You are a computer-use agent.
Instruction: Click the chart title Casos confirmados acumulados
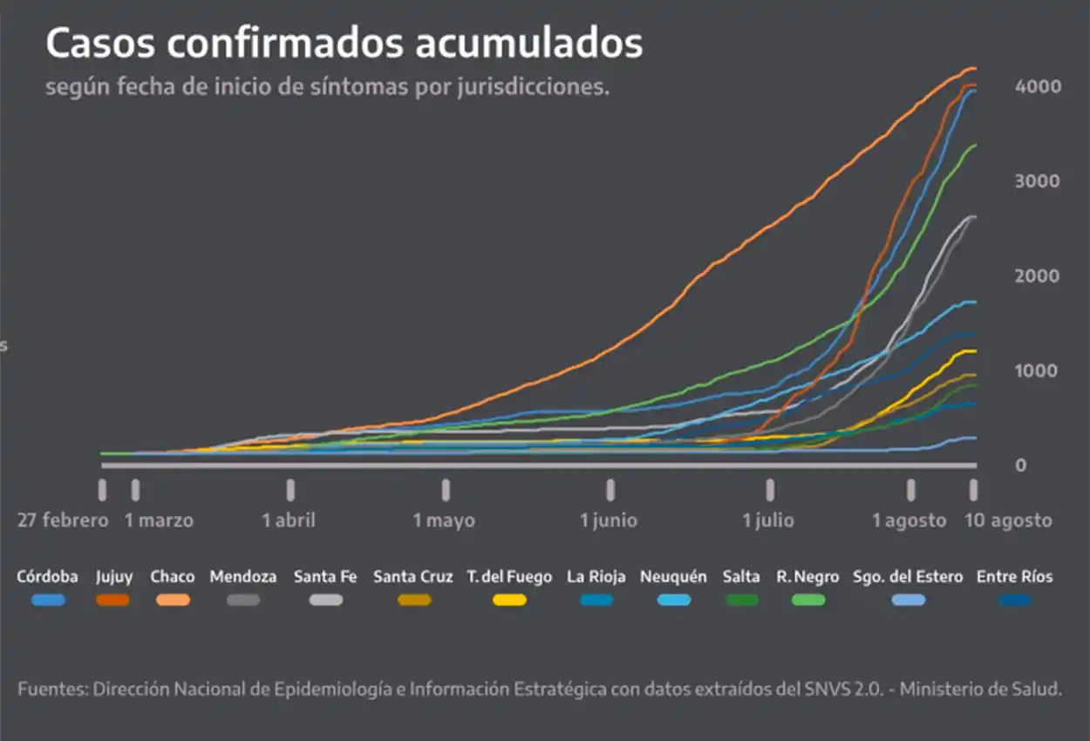click(344, 44)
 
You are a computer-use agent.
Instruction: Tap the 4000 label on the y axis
click(1037, 86)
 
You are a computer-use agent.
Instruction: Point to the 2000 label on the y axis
click(1037, 275)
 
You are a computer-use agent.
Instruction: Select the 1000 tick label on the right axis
click(1037, 370)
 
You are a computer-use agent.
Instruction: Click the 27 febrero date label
click(63, 520)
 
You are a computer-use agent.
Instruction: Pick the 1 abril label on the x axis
click(289, 520)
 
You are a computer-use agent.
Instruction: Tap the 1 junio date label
click(609, 520)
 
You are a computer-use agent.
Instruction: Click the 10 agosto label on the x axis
click(1007, 520)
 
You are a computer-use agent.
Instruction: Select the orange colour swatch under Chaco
click(173, 600)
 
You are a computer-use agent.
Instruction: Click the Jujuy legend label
click(113, 576)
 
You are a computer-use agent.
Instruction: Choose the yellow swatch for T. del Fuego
click(508, 600)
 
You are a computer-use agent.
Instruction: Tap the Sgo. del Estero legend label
click(908, 576)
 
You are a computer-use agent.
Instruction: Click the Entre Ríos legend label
click(1014, 576)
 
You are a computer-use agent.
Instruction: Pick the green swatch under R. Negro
click(808, 600)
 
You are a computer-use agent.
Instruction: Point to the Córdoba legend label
click(47, 576)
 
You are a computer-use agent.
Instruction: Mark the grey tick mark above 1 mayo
click(446, 490)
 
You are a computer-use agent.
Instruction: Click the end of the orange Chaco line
click(973, 68)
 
